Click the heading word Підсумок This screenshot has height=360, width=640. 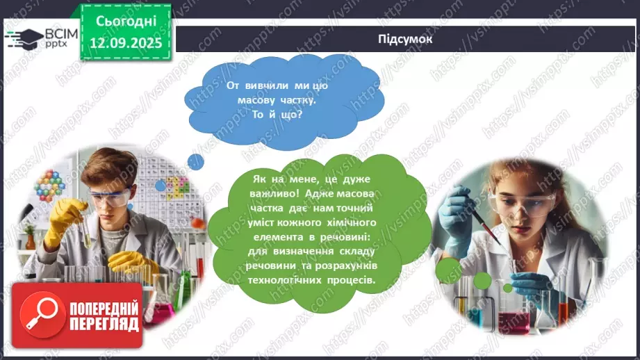(x=406, y=39)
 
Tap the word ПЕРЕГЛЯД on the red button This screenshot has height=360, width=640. (x=104, y=324)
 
